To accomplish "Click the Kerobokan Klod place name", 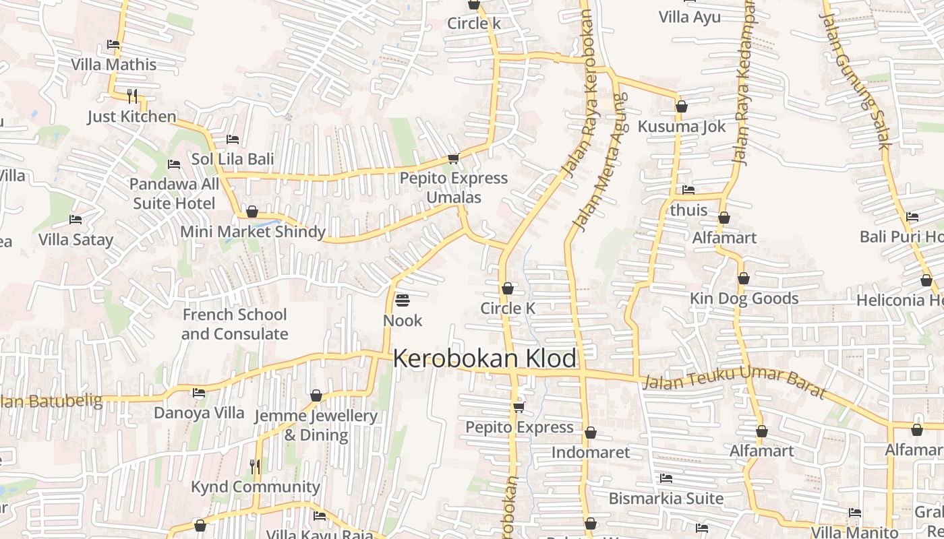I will (484, 358).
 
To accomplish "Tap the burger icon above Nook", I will (403, 300).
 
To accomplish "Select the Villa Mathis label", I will (114, 65).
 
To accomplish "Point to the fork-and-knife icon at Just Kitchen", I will (132, 96).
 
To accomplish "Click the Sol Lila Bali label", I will (233, 159).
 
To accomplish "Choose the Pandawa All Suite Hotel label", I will (174, 193).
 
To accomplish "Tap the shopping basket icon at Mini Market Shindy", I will (252, 212).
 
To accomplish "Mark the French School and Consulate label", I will (235, 324).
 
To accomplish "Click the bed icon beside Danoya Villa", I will (199, 393).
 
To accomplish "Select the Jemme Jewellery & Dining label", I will (316, 425).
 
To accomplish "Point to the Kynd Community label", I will (256, 486).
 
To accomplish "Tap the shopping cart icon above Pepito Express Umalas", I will (453, 159).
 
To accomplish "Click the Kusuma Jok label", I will (682, 126).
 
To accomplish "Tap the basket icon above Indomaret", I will (591, 433).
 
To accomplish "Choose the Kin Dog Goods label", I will (744, 298).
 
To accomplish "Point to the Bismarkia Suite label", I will (666, 499).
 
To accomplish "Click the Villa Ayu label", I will (690, 17).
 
